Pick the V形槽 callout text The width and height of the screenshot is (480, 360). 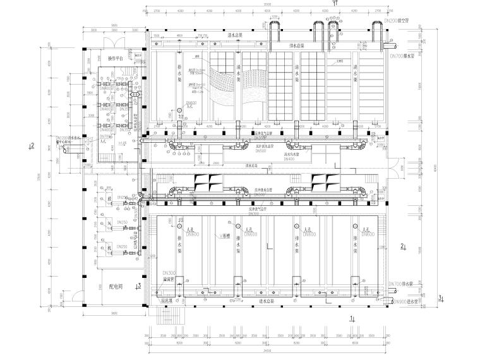point(219,237)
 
